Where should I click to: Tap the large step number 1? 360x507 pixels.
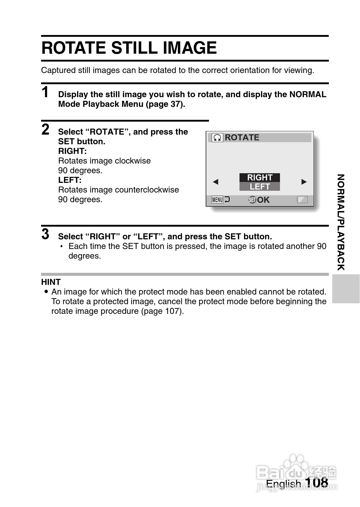(45, 92)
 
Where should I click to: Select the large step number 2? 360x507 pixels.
(45, 129)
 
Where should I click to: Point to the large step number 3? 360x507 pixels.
(45, 234)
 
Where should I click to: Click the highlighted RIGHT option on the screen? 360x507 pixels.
(260, 177)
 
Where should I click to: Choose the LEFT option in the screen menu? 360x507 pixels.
(260, 187)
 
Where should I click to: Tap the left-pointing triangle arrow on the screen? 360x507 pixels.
(215, 182)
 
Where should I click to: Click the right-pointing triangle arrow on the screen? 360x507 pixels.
(304, 182)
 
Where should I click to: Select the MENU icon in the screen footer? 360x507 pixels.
(217, 200)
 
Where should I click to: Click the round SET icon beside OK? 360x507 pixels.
(252, 200)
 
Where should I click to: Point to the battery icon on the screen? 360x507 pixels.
(302, 199)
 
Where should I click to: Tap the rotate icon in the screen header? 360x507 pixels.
(217, 138)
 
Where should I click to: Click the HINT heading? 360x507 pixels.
(51, 282)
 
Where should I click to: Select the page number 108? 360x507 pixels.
(317, 482)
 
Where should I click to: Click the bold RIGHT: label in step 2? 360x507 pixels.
(72, 151)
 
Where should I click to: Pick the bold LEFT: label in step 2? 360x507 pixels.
(70, 180)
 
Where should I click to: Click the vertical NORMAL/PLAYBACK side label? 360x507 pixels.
(341, 222)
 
